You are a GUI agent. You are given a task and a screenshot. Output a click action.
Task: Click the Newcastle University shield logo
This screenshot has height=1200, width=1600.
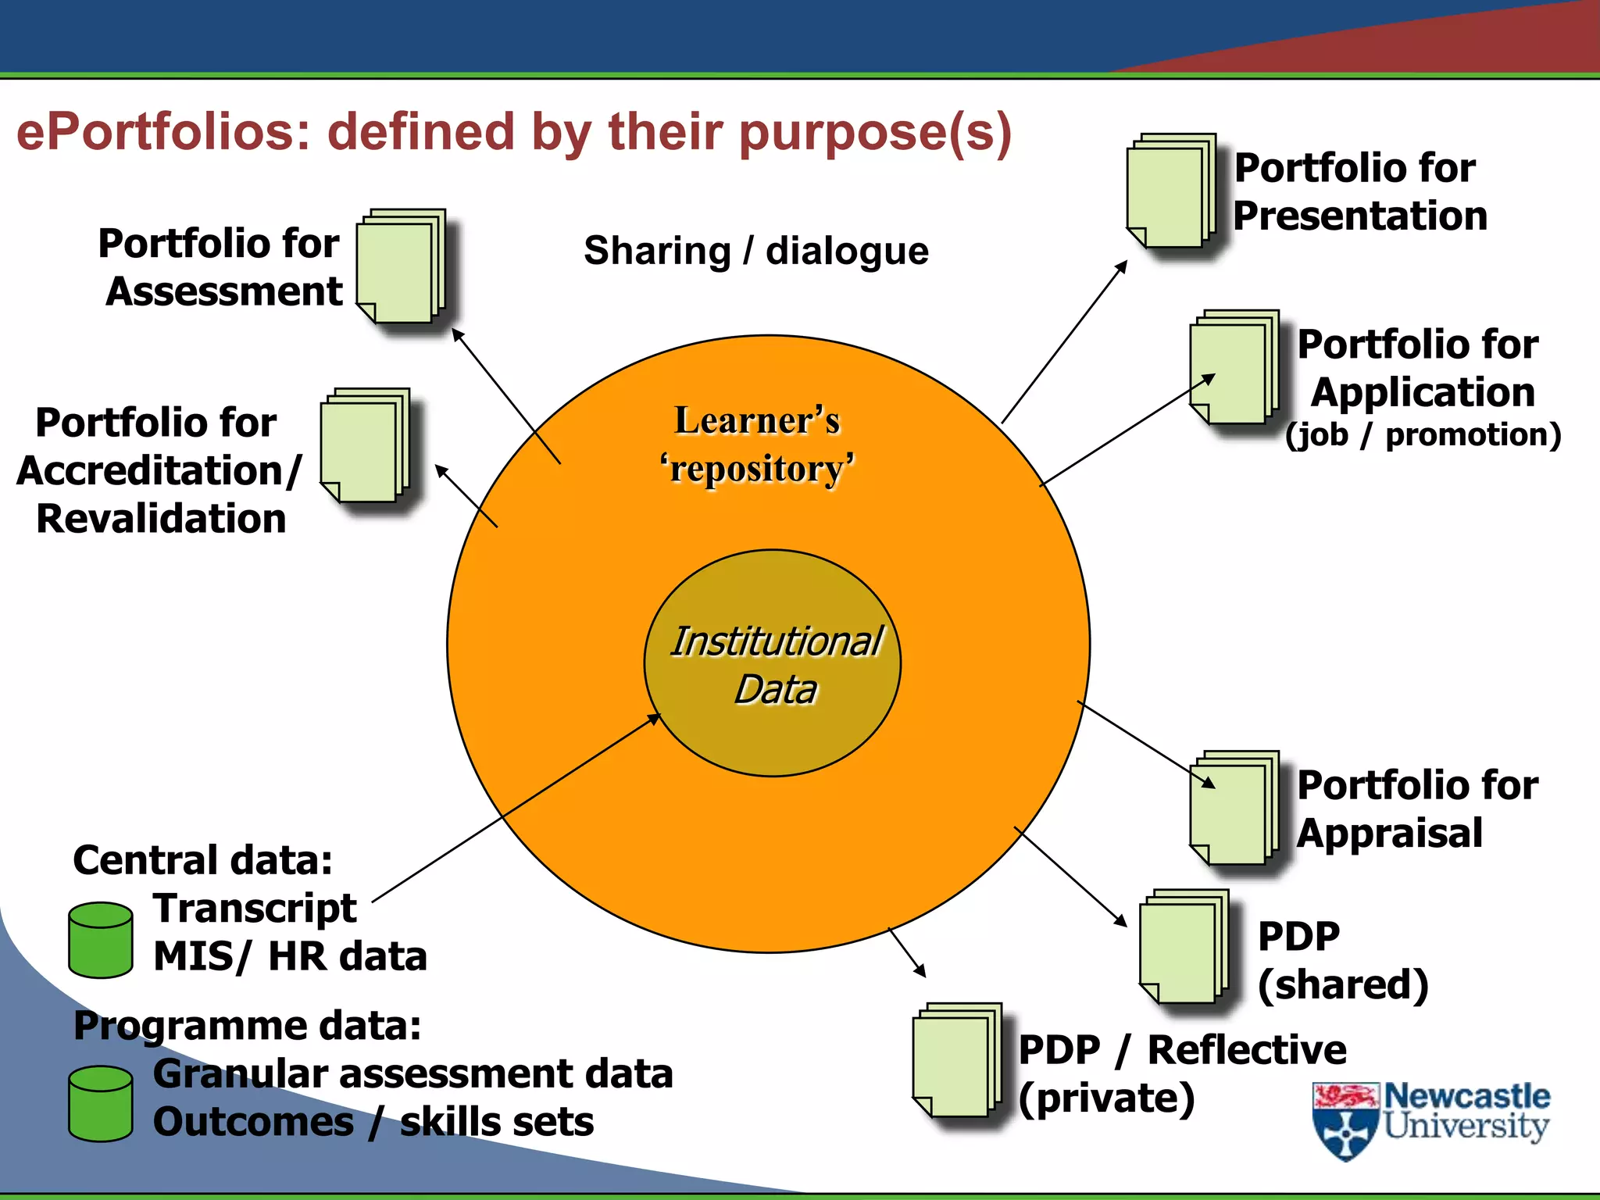[1345, 1121]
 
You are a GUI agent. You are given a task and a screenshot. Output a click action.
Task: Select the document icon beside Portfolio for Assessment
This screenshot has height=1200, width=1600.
[401, 267]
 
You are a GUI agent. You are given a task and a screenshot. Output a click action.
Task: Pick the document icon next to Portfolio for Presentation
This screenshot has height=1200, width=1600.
[1171, 191]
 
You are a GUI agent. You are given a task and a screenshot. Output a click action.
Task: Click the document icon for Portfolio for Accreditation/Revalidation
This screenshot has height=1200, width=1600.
[365, 446]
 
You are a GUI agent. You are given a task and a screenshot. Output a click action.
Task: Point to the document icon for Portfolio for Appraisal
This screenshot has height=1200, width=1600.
[1234, 809]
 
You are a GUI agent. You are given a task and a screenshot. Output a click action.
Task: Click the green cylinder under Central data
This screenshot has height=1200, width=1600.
[100, 940]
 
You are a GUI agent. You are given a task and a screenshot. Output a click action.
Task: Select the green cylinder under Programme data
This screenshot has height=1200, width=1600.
[100, 1103]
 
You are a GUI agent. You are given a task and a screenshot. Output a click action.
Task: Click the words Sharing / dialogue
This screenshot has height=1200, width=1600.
[755, 251]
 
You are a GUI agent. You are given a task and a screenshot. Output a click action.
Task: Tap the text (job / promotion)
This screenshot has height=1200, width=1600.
[1422, 435]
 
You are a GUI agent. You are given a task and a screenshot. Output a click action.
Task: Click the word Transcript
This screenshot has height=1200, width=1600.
[255, 908]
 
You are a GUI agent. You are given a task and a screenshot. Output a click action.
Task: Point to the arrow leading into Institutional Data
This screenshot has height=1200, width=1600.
[516, 809]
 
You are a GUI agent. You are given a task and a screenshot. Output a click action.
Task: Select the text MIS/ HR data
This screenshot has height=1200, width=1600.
[290, 956]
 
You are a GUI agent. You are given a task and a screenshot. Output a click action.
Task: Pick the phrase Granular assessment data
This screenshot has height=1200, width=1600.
[412, 1073]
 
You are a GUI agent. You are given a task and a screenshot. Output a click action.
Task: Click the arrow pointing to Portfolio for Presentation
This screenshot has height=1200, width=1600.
[1064, 342]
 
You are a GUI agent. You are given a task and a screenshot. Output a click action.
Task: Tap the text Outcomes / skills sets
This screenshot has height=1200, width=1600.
[373, 1122]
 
